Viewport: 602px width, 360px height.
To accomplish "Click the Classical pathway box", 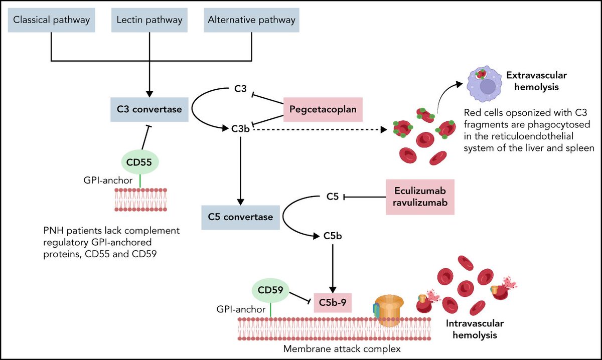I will [52, 21].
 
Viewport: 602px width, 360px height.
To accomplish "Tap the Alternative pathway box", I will [252, 21].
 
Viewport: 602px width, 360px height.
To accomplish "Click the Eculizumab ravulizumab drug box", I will [420, 197].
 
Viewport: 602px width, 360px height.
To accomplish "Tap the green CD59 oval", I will [270, 291].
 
